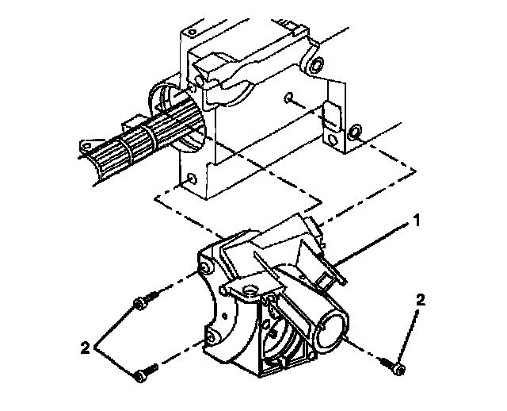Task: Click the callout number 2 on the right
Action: point(421,299)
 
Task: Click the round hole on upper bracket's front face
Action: point(289,98)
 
